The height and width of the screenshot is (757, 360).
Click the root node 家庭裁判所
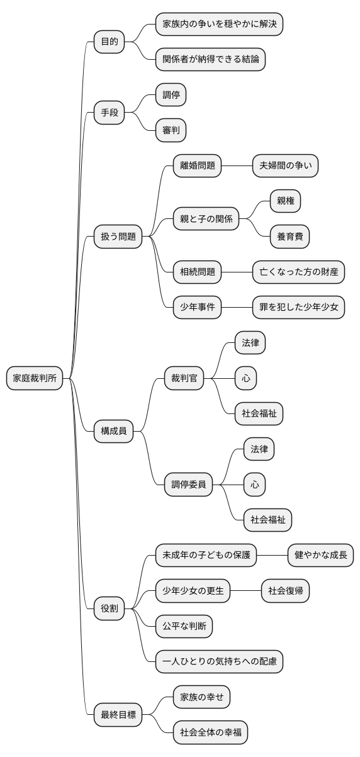tap(35, 378)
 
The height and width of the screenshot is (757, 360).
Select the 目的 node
tap(109, 42)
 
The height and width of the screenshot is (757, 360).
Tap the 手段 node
tap(109, 113)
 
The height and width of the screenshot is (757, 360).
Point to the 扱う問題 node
tap(118, 237)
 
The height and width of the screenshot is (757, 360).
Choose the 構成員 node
tap(113, 431)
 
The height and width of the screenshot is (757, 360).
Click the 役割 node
tap(109, 608)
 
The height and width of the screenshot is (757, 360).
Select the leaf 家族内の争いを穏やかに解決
tap(218, 24)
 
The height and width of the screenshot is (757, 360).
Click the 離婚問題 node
tap(197, 165)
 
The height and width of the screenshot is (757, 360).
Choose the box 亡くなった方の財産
tap(298, 272)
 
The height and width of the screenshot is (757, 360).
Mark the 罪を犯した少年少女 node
tap(298, 307)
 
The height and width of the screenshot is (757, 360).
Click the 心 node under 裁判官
tap(245, 378)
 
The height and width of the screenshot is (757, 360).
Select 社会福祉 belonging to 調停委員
tap(267, 520)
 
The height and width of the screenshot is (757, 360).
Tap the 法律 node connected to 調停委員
tap(259, 449)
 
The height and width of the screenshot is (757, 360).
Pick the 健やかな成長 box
tap(320, 555)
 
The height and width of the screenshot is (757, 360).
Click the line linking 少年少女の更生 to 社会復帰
tap(246, 591)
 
